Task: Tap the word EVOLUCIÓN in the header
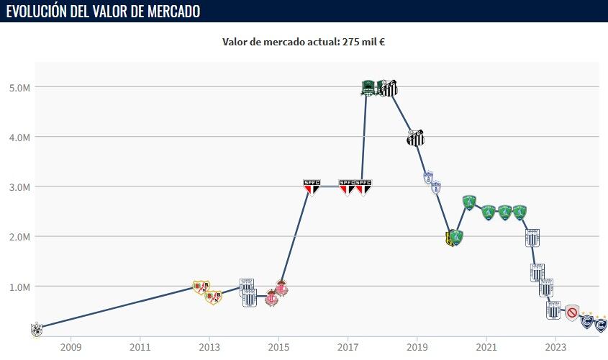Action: pos(37,12)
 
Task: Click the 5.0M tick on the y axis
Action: pos(19,87)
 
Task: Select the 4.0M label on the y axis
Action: pos(19,137)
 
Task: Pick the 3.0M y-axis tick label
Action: pos(19,186)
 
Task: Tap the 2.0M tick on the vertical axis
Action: pos(19,236)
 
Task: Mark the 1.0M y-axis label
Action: pos(19,287)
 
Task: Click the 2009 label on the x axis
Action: pos(71,347)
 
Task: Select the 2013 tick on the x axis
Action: pos(209,347)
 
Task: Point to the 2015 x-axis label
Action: pos(278,347)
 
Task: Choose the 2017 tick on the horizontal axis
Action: pos(348,347)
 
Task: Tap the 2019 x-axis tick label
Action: pos(417,347)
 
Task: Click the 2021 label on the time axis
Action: pos(486,347)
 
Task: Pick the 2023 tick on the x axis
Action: pos(555,347)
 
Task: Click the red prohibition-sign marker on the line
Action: pos(572,312)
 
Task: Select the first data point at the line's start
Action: pos(36,329)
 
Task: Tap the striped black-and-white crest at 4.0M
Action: pos(415,138)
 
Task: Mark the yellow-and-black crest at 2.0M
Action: pos(450,239)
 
